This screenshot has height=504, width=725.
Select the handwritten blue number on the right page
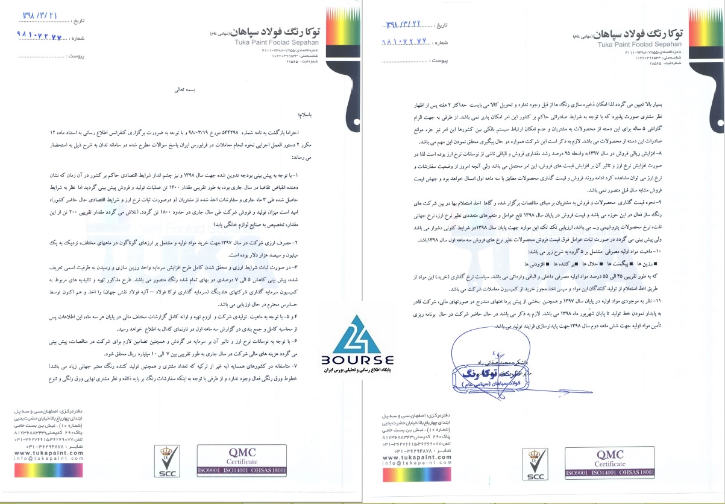point(408,43)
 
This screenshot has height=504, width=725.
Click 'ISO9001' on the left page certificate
point(210,470)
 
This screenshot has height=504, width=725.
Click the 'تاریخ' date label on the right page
point(442,26)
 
